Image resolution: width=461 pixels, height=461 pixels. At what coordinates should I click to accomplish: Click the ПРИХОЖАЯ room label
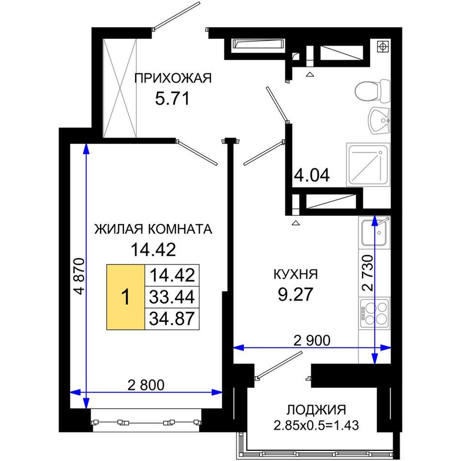[173, 79]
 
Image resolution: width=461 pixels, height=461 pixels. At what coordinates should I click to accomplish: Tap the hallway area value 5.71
[172, 99]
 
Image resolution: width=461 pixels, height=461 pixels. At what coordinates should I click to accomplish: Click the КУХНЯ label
[296, 274]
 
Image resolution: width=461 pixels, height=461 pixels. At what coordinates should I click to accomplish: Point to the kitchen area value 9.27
[296, 294]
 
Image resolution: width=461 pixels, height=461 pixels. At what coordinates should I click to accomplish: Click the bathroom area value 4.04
[312, 175]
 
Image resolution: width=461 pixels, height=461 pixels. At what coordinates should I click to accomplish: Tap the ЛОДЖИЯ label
[316, 410]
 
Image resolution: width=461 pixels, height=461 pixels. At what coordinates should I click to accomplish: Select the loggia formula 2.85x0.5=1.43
[316, 425]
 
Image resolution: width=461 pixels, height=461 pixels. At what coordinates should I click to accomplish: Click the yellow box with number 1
[126, 297]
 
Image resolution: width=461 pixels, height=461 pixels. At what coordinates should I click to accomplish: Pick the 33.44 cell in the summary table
[172, 297]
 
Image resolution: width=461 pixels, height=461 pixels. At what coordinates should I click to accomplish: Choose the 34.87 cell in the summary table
[172, 319]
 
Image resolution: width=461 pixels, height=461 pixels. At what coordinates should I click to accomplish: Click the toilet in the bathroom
[373, 91]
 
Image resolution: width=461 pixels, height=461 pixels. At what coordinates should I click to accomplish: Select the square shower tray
[368, 165]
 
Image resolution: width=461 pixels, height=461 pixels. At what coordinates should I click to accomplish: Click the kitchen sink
[374, 232]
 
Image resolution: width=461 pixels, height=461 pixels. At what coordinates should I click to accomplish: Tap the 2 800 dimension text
[146, 385]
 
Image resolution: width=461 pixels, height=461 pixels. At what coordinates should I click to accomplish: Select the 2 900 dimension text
[312, 341]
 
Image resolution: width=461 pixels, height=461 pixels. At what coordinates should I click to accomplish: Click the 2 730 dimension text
[367, 273]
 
